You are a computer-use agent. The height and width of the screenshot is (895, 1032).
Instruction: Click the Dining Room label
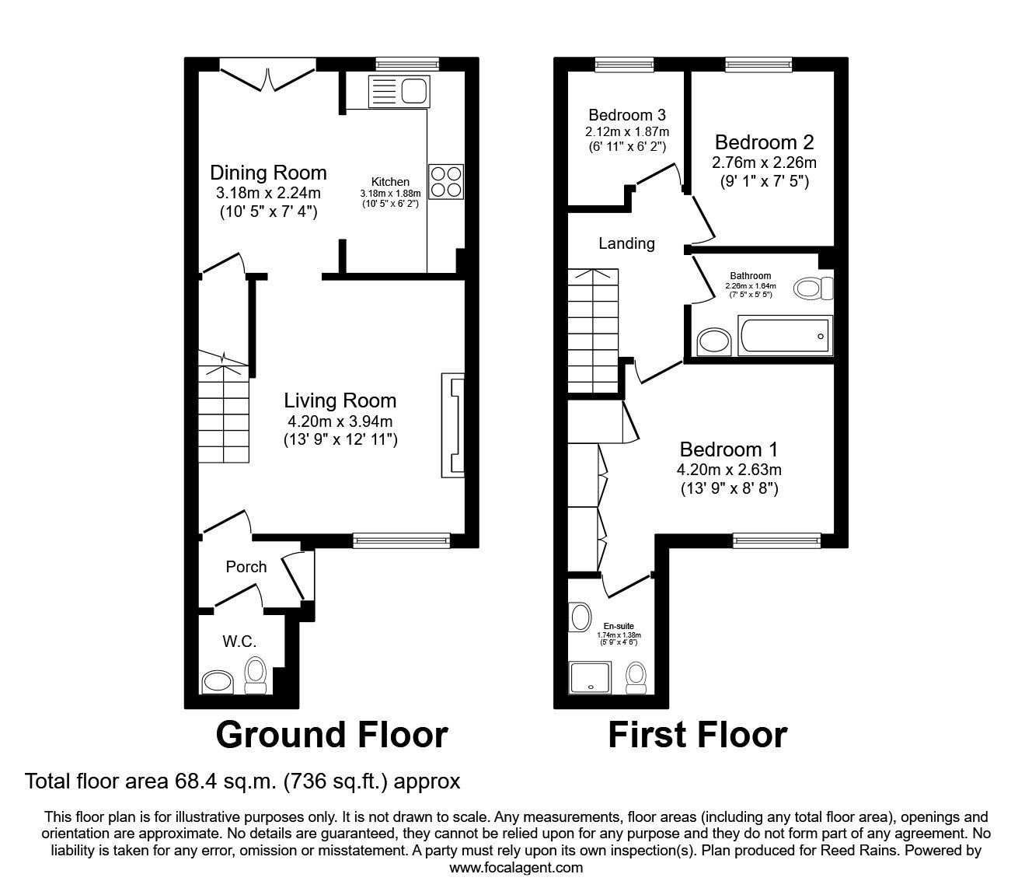coord(268,173)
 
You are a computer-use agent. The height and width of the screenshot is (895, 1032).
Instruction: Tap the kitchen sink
coord(398,91)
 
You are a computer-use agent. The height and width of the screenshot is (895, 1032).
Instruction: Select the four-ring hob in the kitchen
coord(446,181)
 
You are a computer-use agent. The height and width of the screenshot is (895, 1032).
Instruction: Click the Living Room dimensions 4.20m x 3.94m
coord(340,421)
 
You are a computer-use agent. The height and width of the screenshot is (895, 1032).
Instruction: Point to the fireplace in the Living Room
coord(453,425)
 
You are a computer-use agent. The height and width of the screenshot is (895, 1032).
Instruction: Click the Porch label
coord(246,567)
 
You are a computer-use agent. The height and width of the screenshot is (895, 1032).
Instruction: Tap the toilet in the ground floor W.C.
coord(255,674)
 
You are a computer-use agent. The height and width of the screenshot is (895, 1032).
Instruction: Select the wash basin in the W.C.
coord(218,683)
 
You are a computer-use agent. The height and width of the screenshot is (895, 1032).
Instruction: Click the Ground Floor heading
coord(331,734)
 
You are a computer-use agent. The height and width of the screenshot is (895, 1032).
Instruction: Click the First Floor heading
coord(697,734)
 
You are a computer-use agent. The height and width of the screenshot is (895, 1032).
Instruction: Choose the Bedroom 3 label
coord(626,115)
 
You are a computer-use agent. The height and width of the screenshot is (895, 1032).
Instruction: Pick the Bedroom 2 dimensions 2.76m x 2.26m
coord(764,163)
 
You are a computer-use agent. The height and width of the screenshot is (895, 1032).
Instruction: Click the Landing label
coord(626,243)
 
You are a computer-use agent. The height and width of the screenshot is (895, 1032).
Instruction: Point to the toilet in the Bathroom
coord(813,288)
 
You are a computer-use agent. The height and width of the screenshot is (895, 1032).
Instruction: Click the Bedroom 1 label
coord(728,449)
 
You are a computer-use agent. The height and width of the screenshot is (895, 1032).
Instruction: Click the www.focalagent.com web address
coord(516,868)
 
